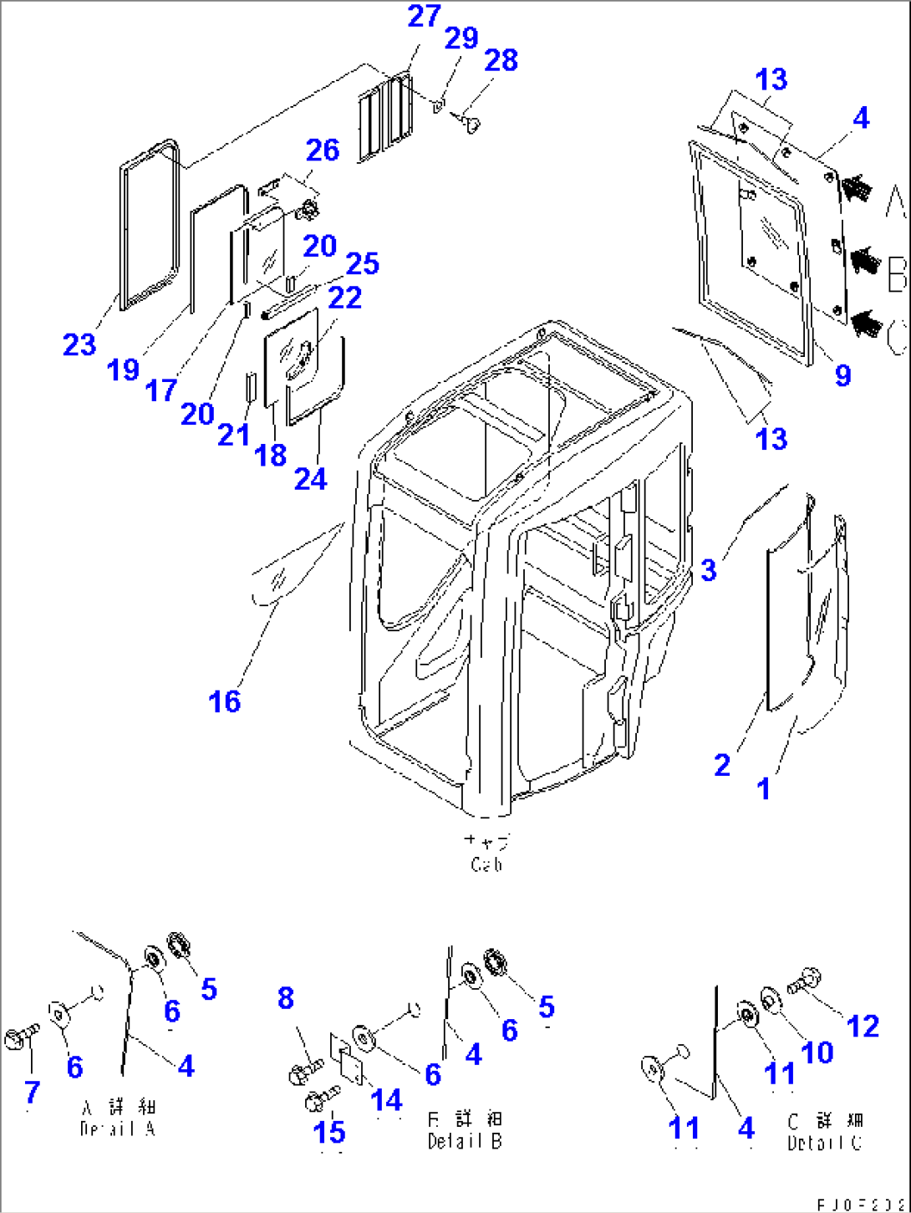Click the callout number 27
tap(424, 16)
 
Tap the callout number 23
tap(79, 344)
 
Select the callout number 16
tap(224, 701)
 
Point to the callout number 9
tap(842, 375)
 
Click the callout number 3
tap(709, 570)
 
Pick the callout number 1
tap(763, 787)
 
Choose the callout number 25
tap(362, 263)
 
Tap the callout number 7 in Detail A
tap(32, 1091)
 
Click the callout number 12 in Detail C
tap(863, 1026)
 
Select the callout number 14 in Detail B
tap(386, 1100)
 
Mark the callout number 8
tap(286, 997)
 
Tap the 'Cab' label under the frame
tap(486, 864)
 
